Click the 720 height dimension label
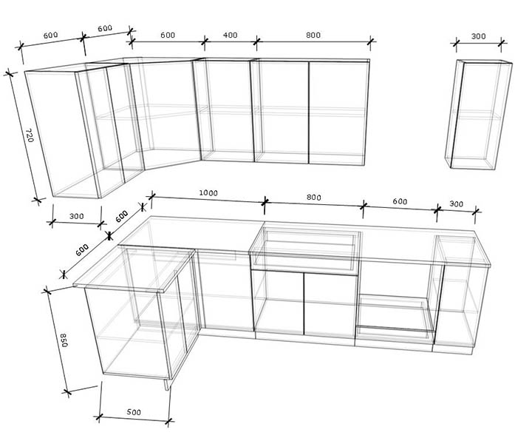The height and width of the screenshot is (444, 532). point(30,135)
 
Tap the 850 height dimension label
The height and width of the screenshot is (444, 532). point(64,340)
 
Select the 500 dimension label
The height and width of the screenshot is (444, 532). point(134,411)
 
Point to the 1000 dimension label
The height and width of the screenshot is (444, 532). point(208,193)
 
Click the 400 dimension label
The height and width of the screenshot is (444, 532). point(230,35)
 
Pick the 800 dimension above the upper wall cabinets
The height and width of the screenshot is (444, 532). point(313,35)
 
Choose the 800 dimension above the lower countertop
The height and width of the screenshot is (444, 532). point(313,198)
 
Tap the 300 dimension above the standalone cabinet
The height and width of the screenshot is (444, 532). point(478,36)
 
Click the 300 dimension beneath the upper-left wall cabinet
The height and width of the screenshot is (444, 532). point(76,216)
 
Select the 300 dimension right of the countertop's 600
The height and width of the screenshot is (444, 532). point(456,203)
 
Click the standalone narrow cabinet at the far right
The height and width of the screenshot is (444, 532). point(478,115)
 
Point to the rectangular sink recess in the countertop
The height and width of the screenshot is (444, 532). point(307,249)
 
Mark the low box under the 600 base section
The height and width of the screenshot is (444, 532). point(395,316)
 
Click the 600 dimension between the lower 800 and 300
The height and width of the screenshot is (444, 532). point(400,201)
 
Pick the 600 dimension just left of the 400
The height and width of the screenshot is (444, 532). point(168,35)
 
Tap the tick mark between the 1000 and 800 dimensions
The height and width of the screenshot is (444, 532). point(265,202)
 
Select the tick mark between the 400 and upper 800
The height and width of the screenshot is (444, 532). point(257,41)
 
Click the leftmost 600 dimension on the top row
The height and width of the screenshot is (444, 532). point(50,35)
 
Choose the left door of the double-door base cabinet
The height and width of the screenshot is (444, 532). point(279,303)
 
